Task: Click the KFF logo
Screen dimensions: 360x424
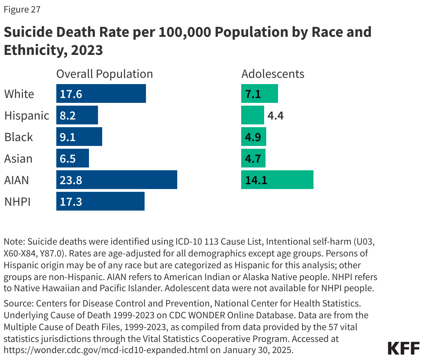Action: pos(403,348)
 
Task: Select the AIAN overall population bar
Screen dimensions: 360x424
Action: pos(117,180)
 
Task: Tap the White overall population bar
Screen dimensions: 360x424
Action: pos(101,94)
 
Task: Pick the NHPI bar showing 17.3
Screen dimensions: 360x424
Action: pos(100,202)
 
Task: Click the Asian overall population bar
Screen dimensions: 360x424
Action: pos(73,158)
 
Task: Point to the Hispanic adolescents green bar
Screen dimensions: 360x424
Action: pos(253,115)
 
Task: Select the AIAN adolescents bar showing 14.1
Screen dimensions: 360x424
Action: pos(277,180)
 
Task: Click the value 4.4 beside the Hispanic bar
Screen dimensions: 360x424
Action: pos(276,116)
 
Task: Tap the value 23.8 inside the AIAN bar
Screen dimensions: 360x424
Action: pos(71,180)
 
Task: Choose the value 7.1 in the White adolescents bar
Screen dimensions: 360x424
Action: pos(253,94)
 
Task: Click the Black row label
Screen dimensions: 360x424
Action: pos(19,137)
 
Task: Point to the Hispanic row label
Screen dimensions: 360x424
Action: pos(27,115)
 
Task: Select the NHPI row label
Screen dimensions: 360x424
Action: pos(18,202)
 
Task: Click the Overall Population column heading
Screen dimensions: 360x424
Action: pos(105,74)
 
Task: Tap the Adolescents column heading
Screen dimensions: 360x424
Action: pos(273,74)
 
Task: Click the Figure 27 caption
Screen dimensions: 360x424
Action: pos(22,9)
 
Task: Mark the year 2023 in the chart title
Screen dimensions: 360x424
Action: pos(87,50)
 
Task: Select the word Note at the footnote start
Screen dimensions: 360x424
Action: pos(14,242)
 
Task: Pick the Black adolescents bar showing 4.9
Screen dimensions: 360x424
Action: pos(254,137)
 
